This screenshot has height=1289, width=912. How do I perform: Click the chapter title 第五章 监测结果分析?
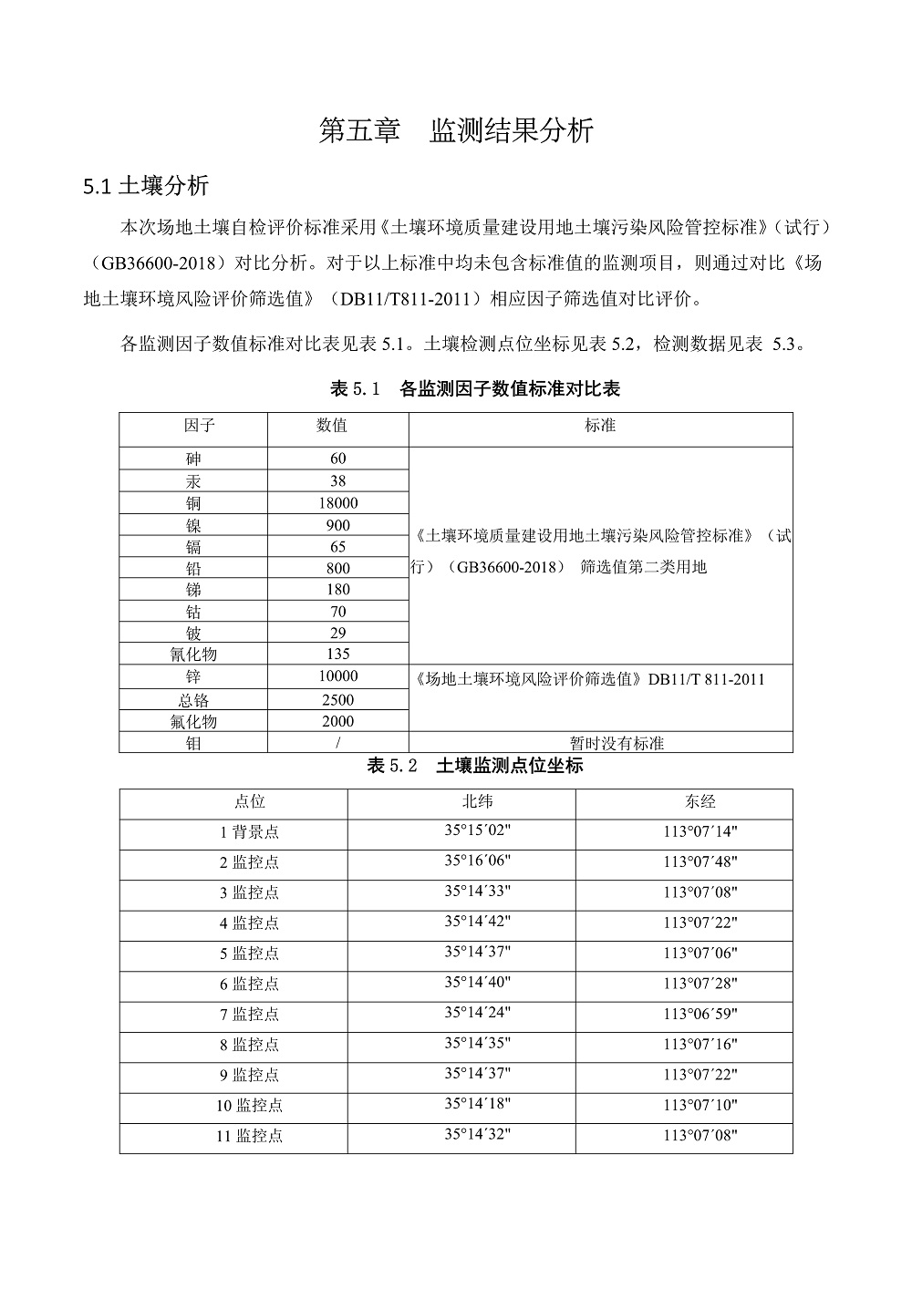point(456,130)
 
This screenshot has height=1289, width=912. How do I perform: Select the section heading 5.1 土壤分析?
point(146,186)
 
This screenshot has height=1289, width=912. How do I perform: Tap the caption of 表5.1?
point(474,389)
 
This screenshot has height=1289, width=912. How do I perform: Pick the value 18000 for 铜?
point(337,503)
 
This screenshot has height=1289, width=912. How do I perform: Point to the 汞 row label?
point(193,481)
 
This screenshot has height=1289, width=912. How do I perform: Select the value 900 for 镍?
point(337,525)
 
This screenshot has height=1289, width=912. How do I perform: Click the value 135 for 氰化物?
point(337,654)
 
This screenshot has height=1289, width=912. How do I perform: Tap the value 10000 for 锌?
point(337,676)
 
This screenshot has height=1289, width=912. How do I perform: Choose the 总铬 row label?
point(193,700)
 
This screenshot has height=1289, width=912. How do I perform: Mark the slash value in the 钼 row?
point(337,743)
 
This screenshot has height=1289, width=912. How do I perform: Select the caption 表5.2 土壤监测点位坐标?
point(474,766)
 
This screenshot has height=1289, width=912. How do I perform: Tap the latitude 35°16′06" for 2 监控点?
point(478,861)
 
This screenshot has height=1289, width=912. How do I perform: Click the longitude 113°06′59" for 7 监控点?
point(700,1015)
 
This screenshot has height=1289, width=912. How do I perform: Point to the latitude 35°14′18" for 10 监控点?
point(478,1104)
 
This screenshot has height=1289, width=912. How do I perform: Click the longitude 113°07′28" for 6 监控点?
point(700,985)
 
